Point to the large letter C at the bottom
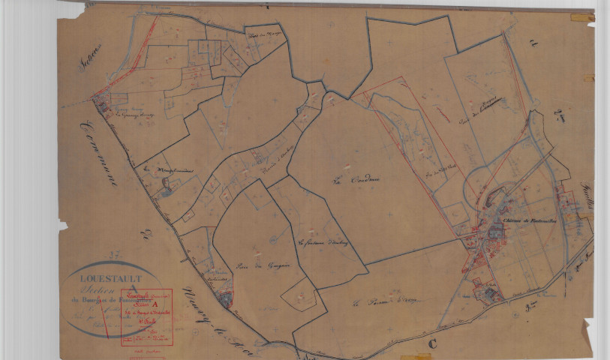pos(432,343)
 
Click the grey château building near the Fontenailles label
pos(495,232)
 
